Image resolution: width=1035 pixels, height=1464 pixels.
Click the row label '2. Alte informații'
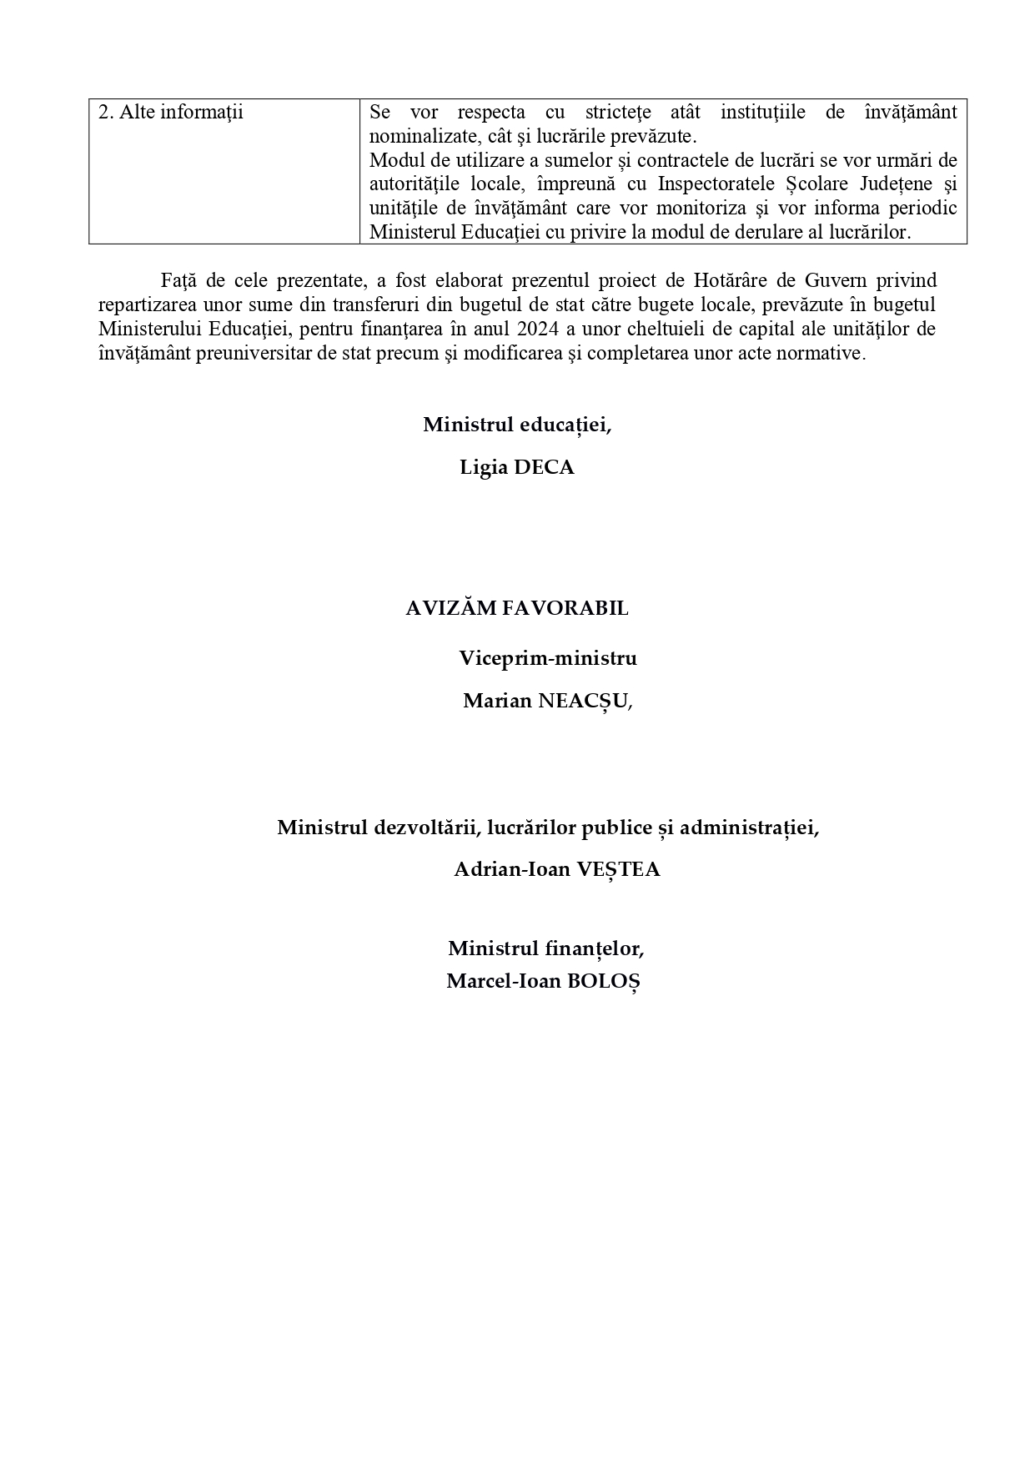click(x=170, y=113)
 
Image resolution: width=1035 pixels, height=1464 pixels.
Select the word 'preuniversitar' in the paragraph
click(x=254, y=353)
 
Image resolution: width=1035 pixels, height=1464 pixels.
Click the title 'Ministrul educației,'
click(x=517, y=425)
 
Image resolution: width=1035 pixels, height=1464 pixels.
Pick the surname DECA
click(x=544, y=468)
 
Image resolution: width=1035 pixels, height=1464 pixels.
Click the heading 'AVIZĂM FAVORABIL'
click(x=517, y=609)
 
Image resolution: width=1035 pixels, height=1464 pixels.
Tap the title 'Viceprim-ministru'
click(x=548, y=658)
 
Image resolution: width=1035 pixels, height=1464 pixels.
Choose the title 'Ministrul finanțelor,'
click(x=546, y=948)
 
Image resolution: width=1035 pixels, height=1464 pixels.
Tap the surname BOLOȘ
click(x=603, y=981)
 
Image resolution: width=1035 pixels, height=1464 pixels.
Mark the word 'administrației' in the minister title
click(x=748, y=828)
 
